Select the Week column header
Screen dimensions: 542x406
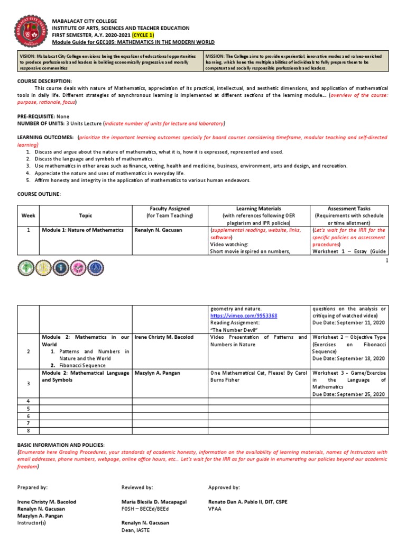pos(27,215)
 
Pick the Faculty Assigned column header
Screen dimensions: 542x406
pos(170,209)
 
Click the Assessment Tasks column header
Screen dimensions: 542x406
pos(349,209)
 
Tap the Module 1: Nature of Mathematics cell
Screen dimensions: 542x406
pos(83,230)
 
